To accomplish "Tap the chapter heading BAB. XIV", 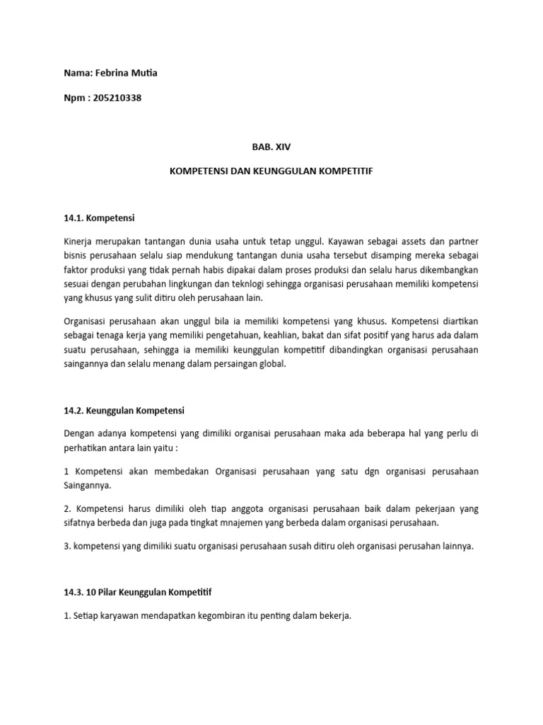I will [x=271, y=147].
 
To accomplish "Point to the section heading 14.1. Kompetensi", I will [x=98, y=219].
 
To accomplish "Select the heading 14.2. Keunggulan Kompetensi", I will [x=124, y=410].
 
